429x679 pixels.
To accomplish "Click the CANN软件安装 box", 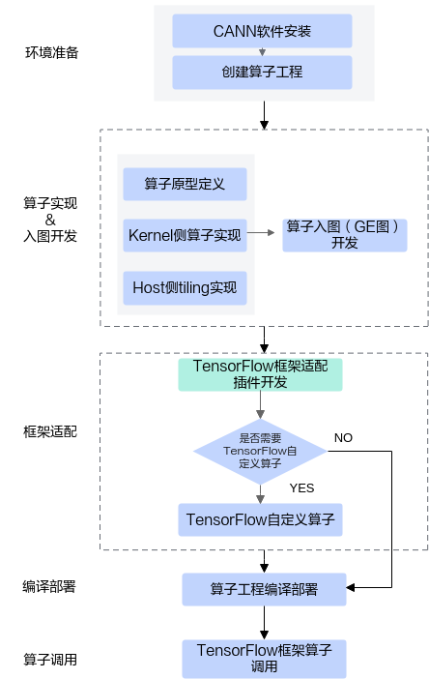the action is (x=262, y=31).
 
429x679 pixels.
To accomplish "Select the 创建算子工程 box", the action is (x=262, y=73).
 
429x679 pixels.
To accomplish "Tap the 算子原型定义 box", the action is (x=185, y=184).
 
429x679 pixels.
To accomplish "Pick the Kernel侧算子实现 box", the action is (x=185, y=235).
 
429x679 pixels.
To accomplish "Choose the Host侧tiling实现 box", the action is (x=185, y=288).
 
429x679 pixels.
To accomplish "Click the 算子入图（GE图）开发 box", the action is (x=345, y=235).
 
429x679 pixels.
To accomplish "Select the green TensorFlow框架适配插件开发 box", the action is (x=260, y=374).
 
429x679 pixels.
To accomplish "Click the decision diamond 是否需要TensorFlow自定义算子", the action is (x=260, y=452).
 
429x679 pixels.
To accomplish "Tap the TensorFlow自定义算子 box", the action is (x=260, y=519).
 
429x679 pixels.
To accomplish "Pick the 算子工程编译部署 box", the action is (x=264, y=589).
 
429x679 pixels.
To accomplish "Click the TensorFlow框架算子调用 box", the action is (x=264, y=659).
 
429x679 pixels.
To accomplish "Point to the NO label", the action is (x=343, y=438).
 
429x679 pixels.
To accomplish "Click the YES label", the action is (x=301, y=488).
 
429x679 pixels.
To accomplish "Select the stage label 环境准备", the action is (x=52, y=53).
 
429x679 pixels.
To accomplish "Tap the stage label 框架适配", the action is (x=50, y=431).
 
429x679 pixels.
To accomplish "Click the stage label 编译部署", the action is (x=49, y=587).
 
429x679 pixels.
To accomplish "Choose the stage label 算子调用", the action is (x=50, y=660).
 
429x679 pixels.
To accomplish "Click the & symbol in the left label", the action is (x=50, y=220).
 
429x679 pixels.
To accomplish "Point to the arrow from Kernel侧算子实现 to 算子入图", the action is (x=261, y=233).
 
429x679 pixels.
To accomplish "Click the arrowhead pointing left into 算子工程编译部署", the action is (x=351, y=588).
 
